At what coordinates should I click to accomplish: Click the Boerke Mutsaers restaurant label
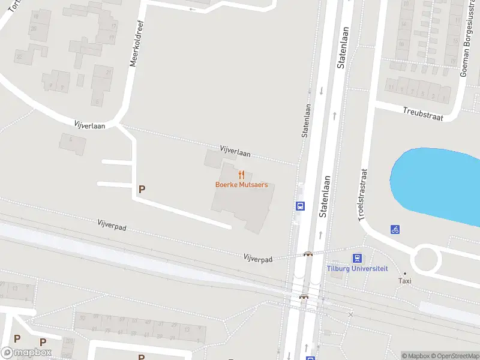coord(241,185)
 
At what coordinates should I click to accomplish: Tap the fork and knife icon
coord(241,175)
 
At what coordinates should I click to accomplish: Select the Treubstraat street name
coord(423,114)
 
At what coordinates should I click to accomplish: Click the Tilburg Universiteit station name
coord(357,269)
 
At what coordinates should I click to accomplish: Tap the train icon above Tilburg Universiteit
coord(357,259)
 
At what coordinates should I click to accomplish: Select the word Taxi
coord(406,281)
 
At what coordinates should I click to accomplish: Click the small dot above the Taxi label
coord(405,273)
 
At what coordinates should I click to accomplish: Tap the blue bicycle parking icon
coord(395,229)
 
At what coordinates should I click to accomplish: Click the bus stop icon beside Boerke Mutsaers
coord(300,206)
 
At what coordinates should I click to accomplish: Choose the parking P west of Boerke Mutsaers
coord(142,189)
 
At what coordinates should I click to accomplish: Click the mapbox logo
coord(26,353)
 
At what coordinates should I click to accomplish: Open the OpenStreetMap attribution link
coord(453,356)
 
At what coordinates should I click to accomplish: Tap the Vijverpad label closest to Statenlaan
coord(258,259)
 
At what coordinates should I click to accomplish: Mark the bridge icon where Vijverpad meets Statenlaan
coord(308,254)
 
